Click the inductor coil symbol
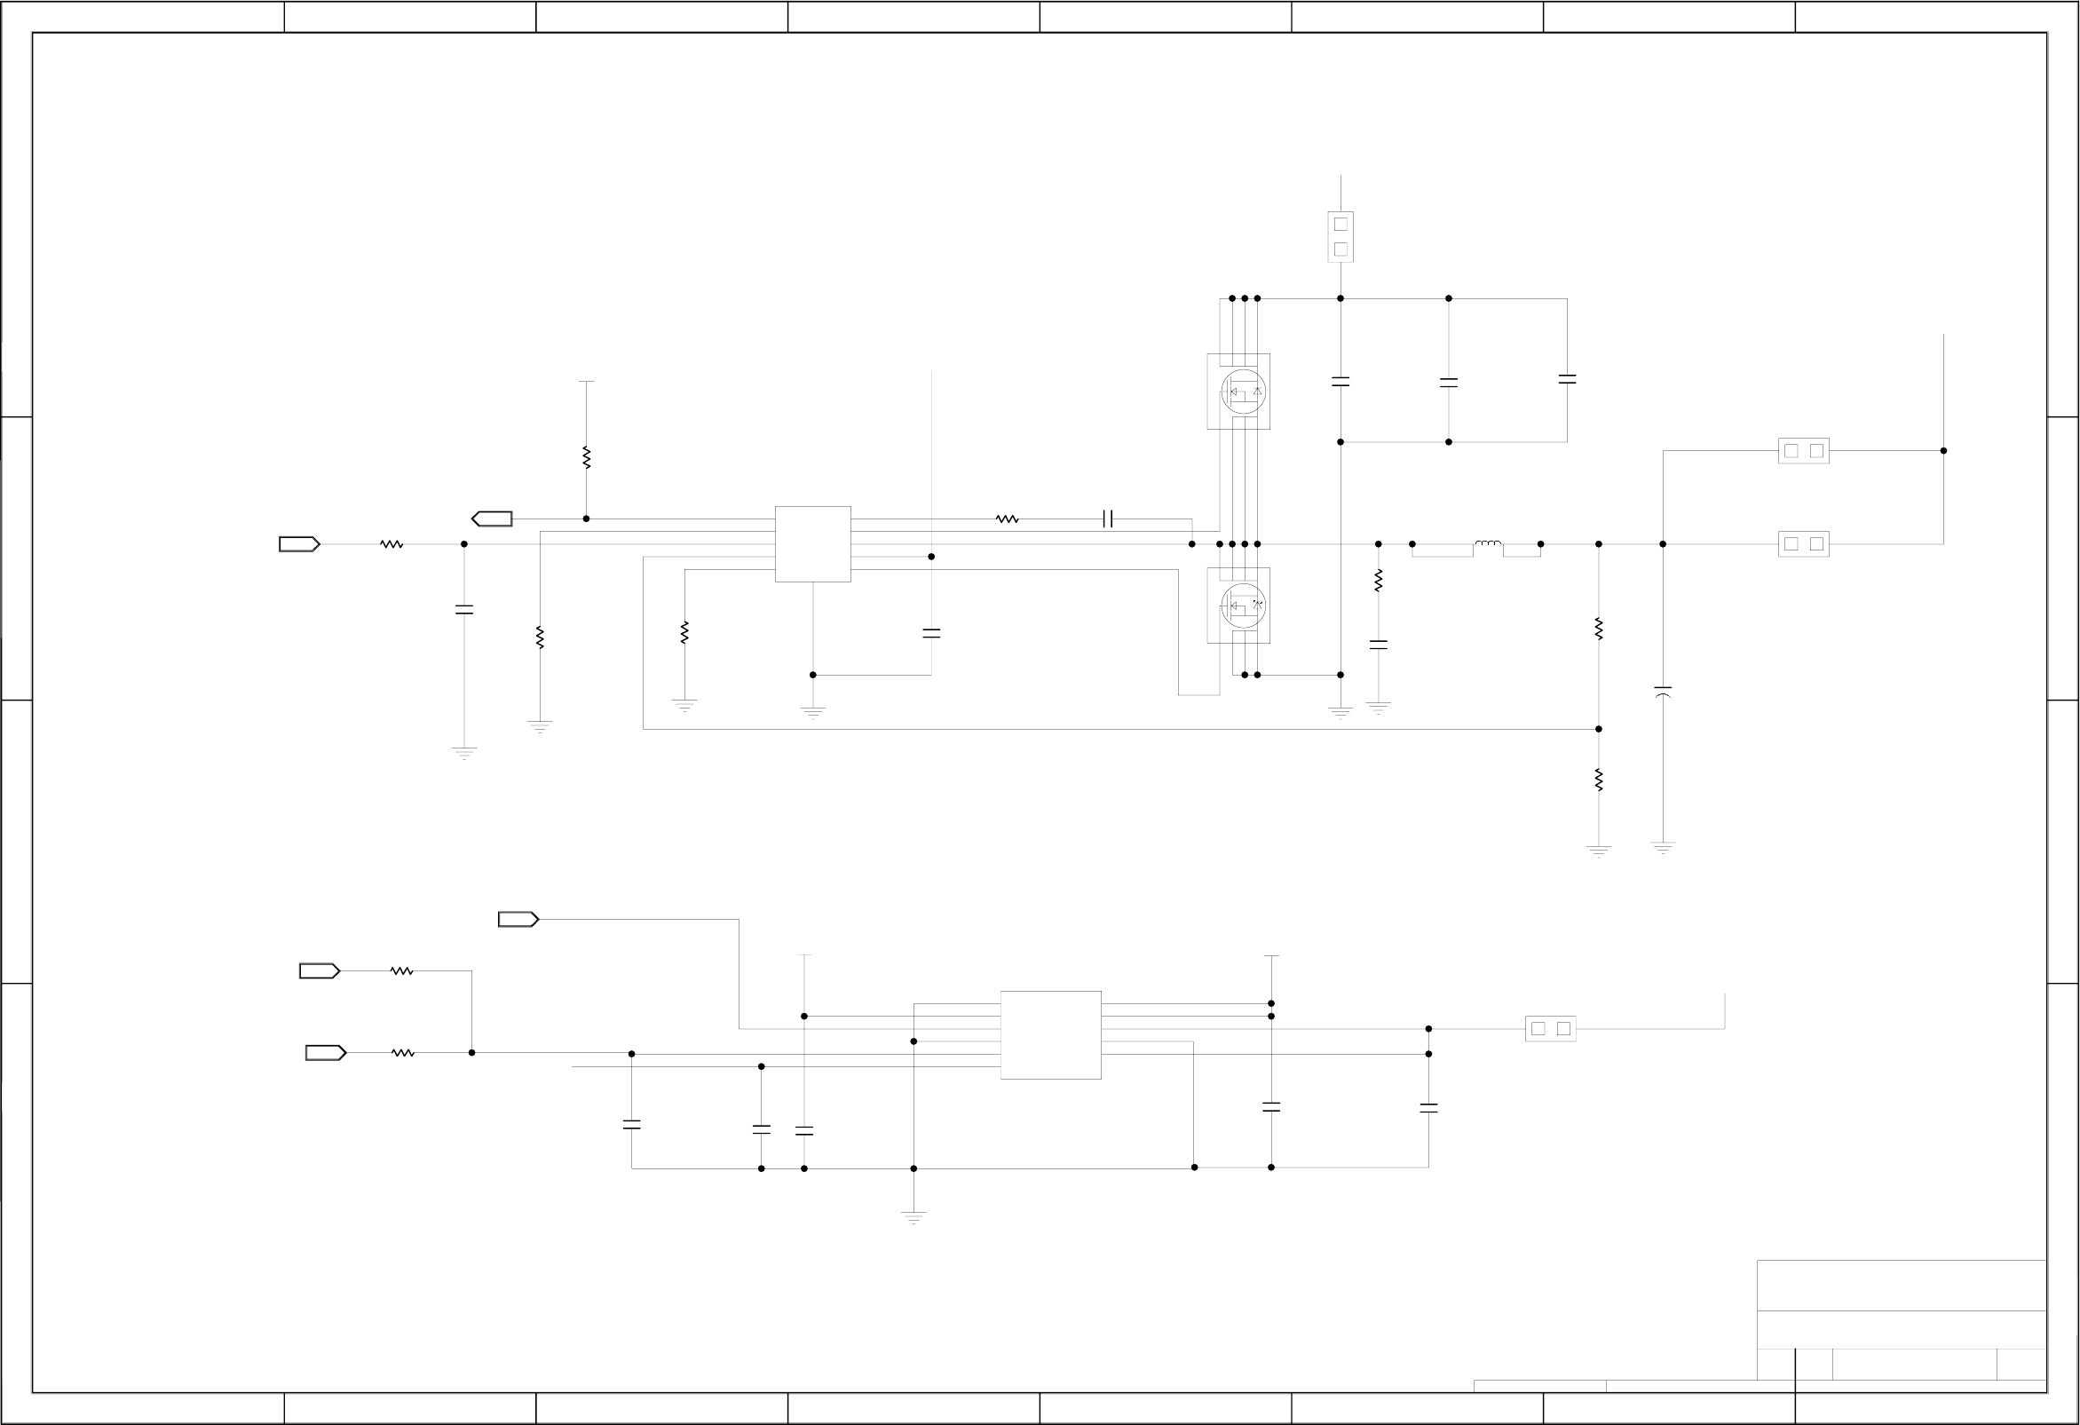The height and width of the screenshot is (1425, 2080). [x=1488, y=542]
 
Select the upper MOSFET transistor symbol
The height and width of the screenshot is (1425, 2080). [x=1242, y=392]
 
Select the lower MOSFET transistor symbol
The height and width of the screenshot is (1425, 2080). [x=1242, y=606]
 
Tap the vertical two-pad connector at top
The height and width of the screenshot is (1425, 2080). [x=1340, y=236]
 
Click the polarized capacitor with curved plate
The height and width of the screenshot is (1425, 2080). [x=1662, y=692]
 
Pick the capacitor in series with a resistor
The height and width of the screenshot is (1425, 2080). [x=1108, y=519]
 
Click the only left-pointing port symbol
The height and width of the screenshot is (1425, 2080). [x=492, y=519]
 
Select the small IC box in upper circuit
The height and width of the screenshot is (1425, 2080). [x=812, y=543]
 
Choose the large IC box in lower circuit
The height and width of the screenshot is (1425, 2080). [x=1051, y=1034]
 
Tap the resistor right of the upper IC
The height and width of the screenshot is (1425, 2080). [x=1007, y=519]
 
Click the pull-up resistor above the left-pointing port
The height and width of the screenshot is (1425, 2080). [x=586, y=457]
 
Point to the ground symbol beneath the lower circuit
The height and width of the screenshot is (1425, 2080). [x=913, y=1216]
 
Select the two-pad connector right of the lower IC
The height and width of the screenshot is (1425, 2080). [x=1550, y=1028]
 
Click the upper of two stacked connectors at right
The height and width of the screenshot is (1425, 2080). [x=1803, y=450]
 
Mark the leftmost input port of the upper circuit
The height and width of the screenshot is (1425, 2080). [x=299, y=543]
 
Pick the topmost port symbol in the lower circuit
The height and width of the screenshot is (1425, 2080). [x=518, y=919]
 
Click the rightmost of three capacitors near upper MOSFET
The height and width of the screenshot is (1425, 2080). [x=1566, y=379]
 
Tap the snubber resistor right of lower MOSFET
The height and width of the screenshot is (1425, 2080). [x=1379, y=580]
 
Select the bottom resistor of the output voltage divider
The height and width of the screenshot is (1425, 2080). [x=1599, y=780]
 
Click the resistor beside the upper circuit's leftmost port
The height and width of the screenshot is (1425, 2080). [x=391, y=543]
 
